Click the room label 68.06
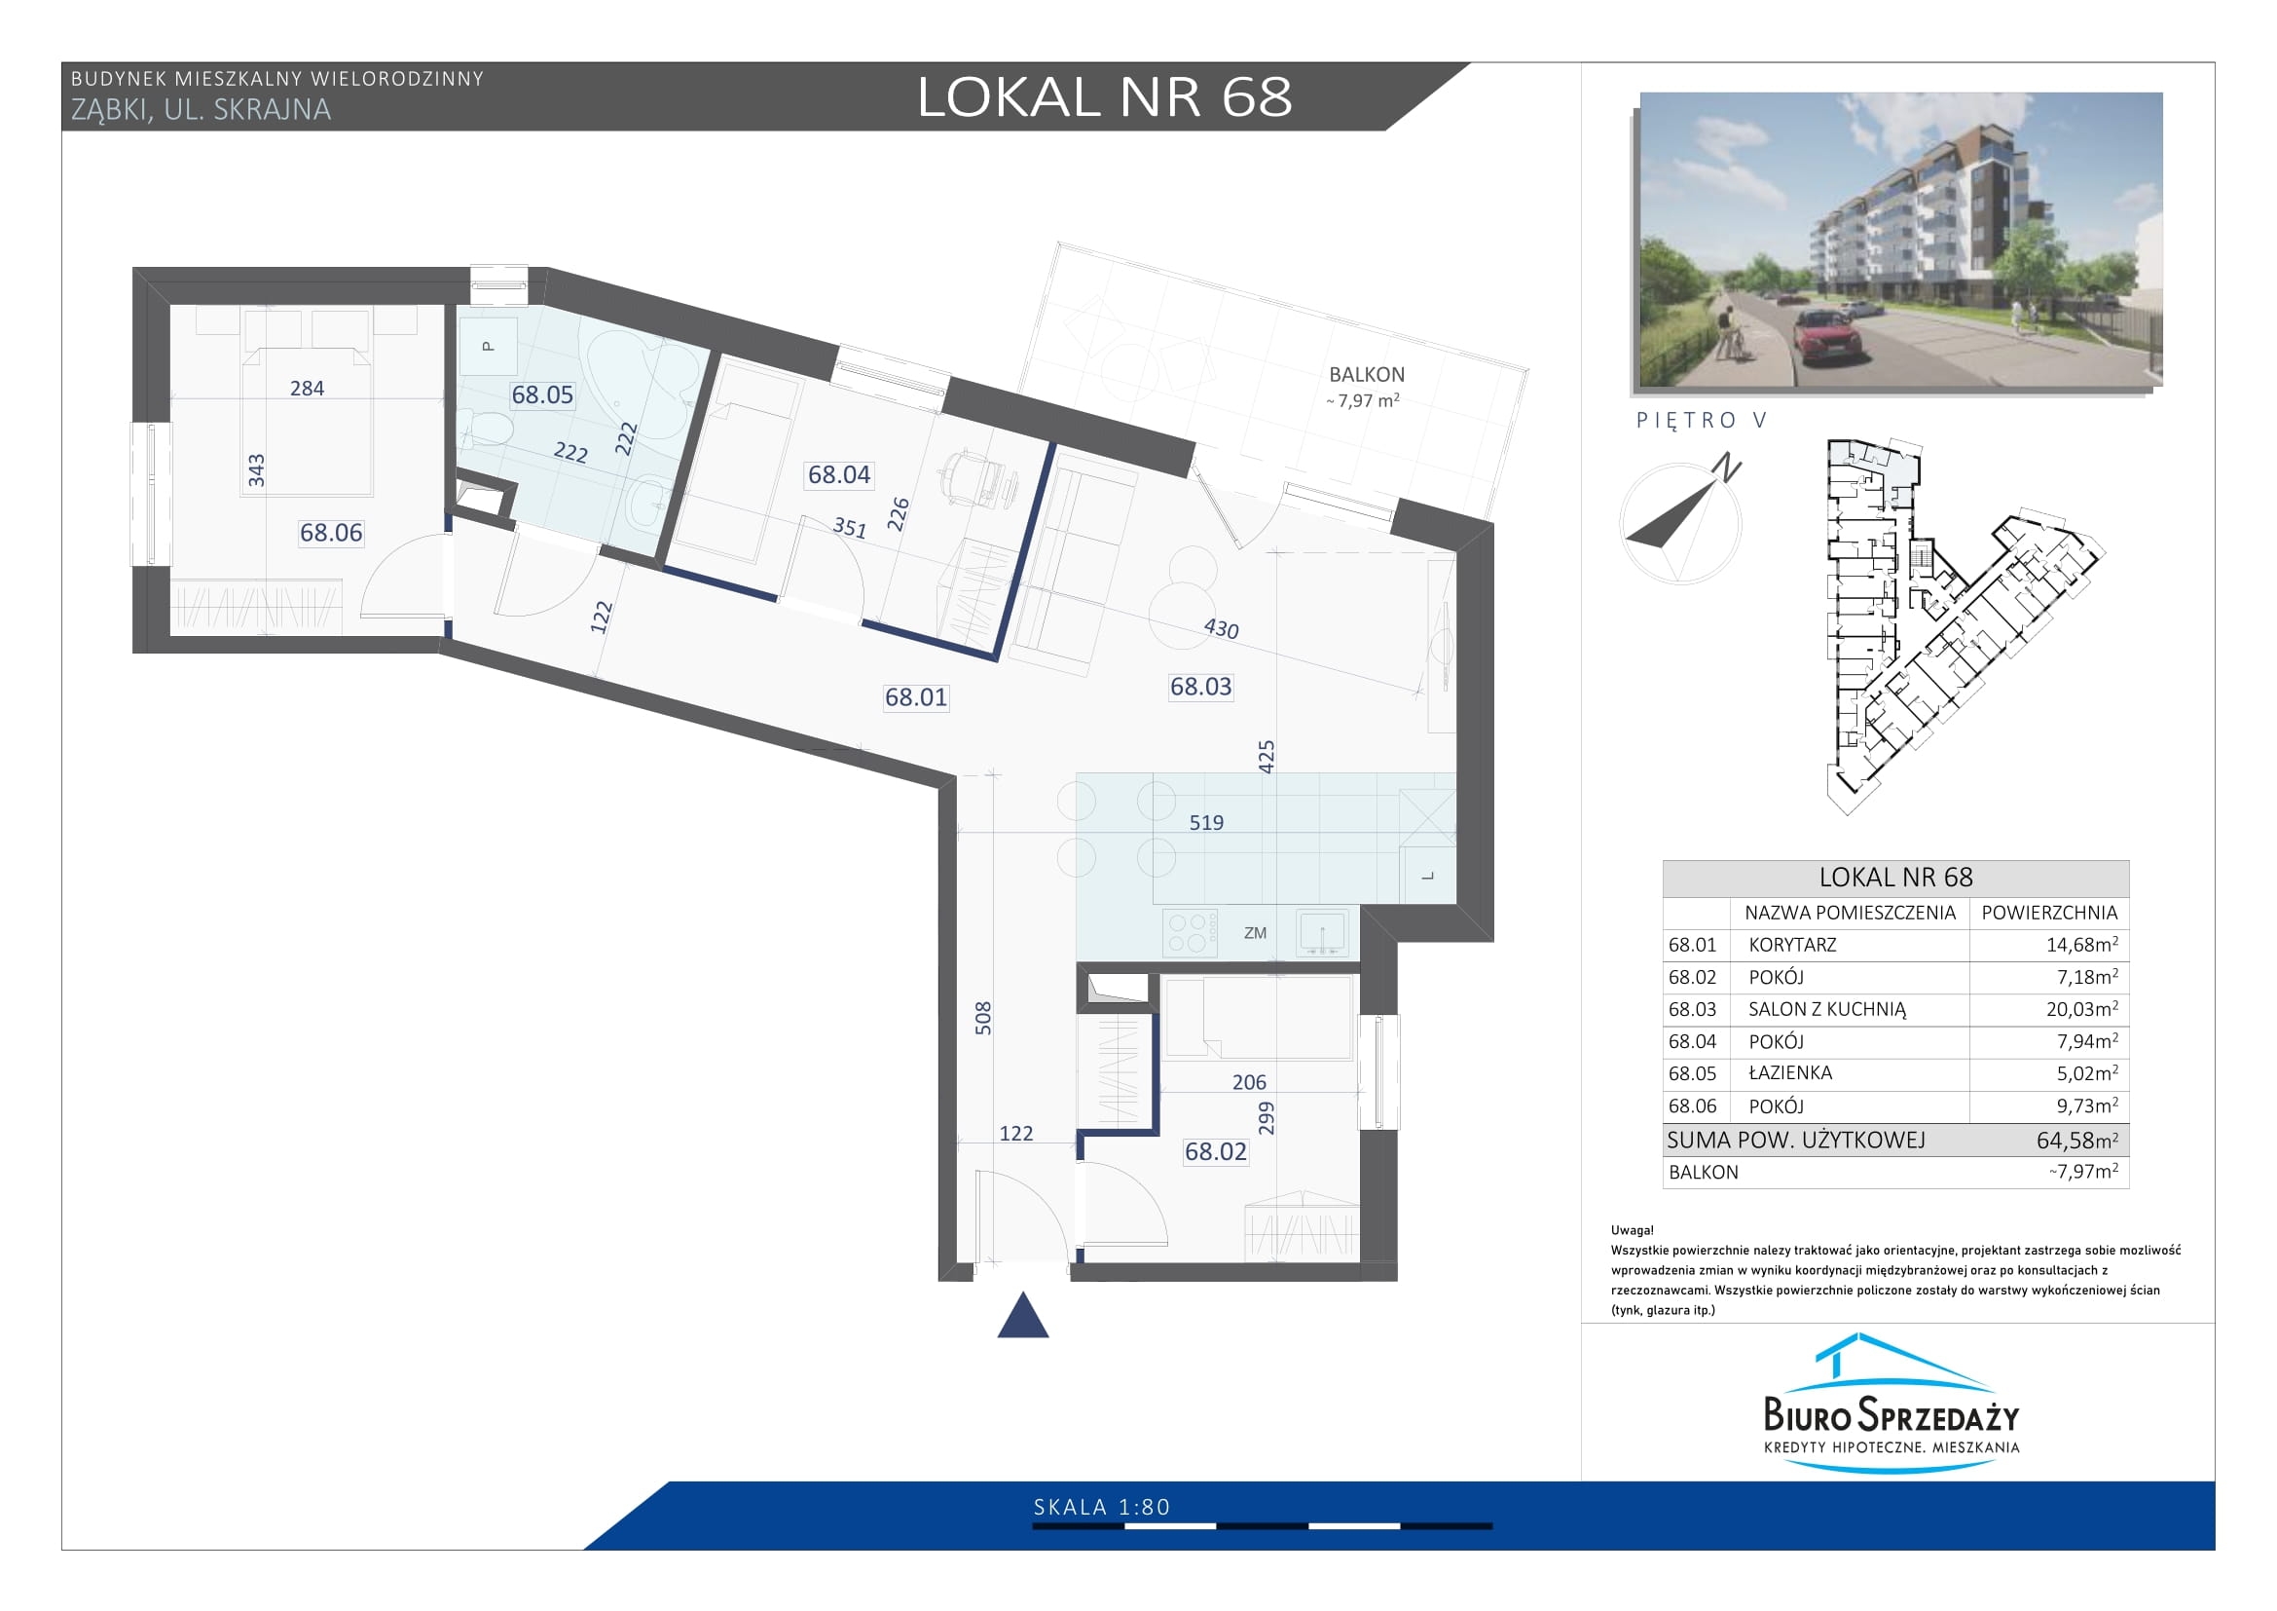331,533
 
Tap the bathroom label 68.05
542,394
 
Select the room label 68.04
839,474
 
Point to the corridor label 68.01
915,697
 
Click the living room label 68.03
1201,687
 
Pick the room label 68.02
1216,1150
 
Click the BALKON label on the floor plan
1367,375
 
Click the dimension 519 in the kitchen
1206,822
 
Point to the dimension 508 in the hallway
983,1018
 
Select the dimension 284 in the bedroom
307,389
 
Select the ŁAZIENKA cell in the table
1790,1072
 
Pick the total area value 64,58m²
2077,1140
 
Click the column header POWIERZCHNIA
2049,913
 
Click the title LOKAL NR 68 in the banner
1105,97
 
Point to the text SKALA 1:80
1102,1508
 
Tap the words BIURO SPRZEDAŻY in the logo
1891,1412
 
